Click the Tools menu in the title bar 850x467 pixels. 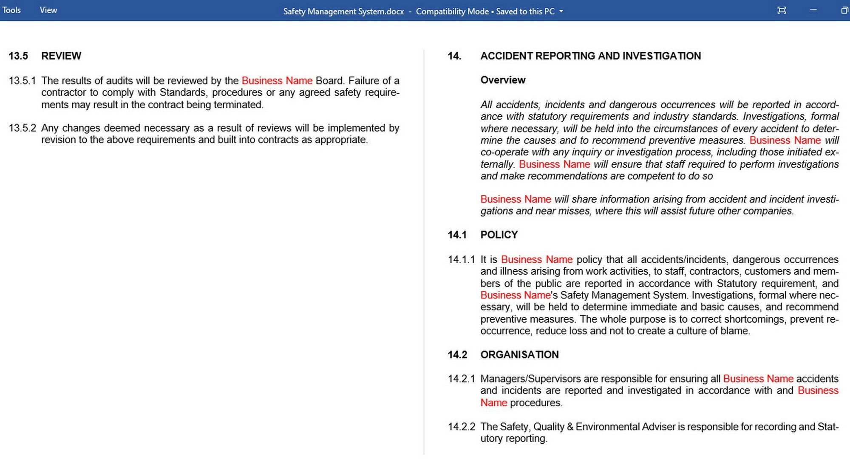tap(11, 10)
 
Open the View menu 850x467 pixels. tap(48, 10)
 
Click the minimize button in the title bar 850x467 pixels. tap(813, 10)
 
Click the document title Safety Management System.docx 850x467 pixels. tap(343, 11)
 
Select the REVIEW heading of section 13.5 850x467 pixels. tap(61, 56)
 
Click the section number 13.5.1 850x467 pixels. tap(22, 81)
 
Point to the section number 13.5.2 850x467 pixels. tap(22, 128)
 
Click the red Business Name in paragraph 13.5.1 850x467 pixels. tap(277, 81)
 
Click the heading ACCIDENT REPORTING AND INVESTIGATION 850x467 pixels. tap(590, 56)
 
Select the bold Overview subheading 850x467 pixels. tap(503, 80)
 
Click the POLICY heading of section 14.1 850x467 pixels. tap(499, 235)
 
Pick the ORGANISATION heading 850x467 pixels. tap(519, 354)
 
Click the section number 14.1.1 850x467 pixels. tap(461, 259)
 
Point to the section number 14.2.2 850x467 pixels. tap(461, 427)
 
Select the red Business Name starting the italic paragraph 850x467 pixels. tap(516, 199)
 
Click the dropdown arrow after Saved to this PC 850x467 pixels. tap(561, 11)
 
